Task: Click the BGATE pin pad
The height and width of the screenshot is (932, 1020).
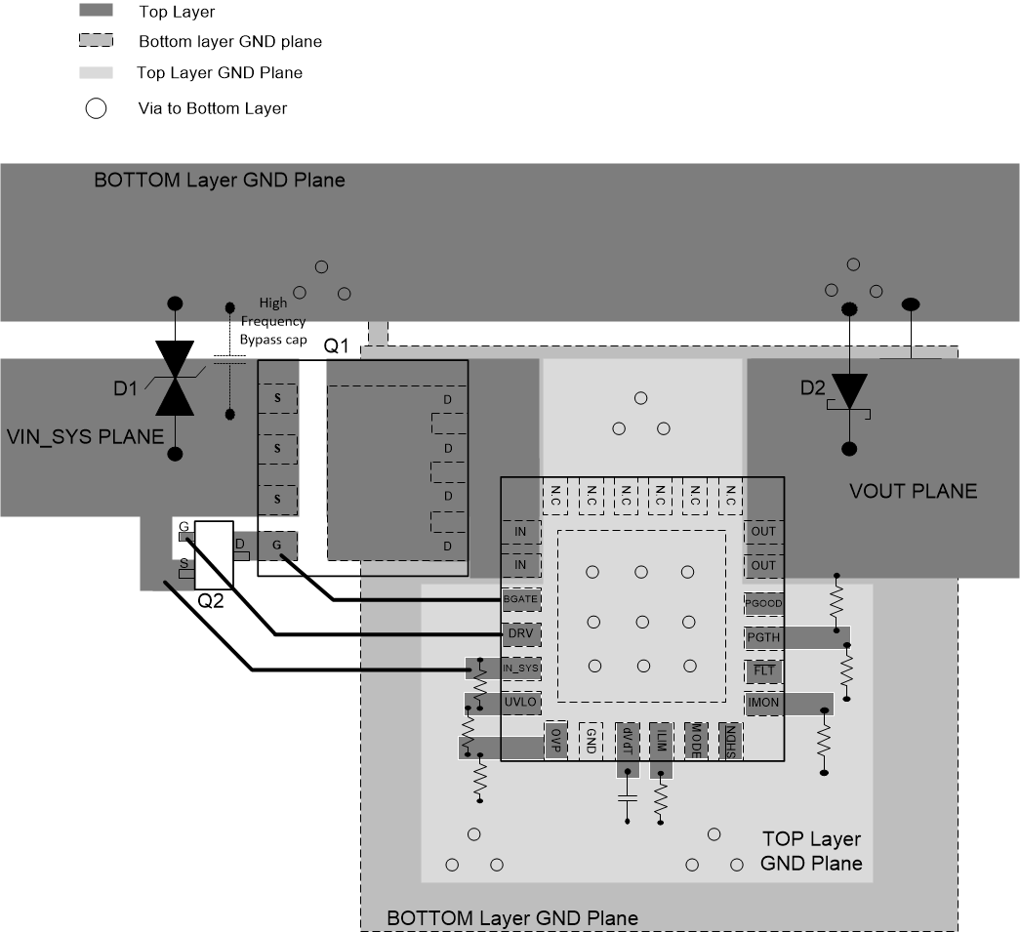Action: pos(520,597)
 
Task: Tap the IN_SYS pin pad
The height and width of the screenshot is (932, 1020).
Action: pos(520,669)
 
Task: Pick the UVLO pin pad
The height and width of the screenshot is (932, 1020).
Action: pos(520,703)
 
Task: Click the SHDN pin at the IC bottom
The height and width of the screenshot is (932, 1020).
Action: pos(728,742)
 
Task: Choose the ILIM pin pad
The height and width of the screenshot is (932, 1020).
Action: pos(662,742)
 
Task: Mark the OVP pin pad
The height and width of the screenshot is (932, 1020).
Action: pos(555,742)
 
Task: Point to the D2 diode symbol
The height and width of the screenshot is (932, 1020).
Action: pos(849,391)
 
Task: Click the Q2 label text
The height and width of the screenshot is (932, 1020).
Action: pos(212,601)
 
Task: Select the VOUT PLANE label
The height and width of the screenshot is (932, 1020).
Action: pos(912,491)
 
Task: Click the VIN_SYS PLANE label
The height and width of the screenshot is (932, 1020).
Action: pos(86,436)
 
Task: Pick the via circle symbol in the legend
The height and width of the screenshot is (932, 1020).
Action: pos(96,108)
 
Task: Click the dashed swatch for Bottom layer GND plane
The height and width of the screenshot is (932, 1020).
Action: pos(96,41)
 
